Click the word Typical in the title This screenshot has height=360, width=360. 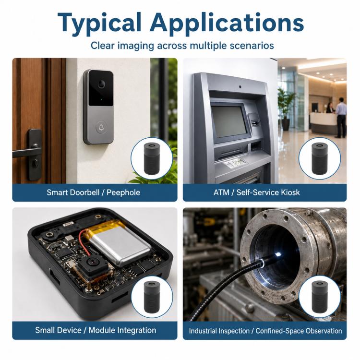click(x=99, y=24)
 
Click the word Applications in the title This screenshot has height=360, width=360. click(x=227, y=24)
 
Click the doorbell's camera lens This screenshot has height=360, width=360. click(x=101, y=84)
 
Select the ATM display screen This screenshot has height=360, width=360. click(x=229, y=122)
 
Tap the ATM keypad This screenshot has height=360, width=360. click(x=235, y=163)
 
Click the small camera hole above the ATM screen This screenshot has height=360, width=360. click(x=240, y=87)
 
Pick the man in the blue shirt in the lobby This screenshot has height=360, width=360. click(x=340, y=117)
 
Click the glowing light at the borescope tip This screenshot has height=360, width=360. click(x=278, y=254)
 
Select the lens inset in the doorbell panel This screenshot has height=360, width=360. click(x=152, y=158)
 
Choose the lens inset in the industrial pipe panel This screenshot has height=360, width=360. click(x=319, y=297)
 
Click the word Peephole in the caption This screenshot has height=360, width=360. click(x=123, y=192)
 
